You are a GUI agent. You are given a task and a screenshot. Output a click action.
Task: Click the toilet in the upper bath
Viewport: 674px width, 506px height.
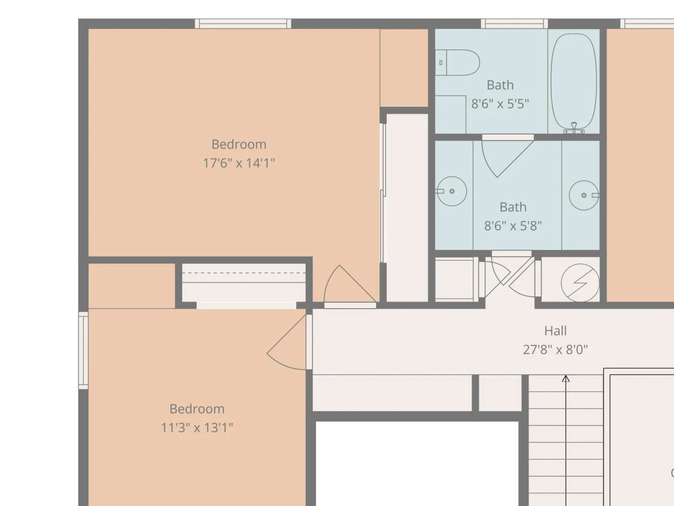[x=457, y=63]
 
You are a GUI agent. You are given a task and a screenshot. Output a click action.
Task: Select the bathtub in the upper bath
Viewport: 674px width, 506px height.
[x=574, y=81]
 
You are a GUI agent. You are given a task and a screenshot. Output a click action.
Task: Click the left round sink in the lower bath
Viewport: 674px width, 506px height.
[x=452, y=191]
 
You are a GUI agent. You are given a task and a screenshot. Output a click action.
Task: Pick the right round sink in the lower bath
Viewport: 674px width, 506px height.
[x=584, y=195]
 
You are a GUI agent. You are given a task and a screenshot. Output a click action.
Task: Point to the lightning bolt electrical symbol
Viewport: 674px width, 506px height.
[x=580, y=283]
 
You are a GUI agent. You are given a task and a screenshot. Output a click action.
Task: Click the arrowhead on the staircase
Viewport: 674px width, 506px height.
[x=566, y=379]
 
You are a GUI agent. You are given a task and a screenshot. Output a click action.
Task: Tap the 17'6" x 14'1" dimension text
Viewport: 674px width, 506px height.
[x=239, y=163]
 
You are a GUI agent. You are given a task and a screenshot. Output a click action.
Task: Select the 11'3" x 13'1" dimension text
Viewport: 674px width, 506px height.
[x=197, y=428]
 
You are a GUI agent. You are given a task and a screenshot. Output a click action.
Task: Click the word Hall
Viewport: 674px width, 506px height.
[x=556, y=331]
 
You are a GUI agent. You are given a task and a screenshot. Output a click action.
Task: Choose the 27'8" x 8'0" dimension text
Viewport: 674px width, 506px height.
[x=555, y=350]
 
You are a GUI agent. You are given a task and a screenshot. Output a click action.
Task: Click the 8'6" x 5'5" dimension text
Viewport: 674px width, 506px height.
[x=500, y=104]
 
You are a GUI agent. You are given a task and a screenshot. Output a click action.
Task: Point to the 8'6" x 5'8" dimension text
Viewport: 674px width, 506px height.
[x=513, y=226]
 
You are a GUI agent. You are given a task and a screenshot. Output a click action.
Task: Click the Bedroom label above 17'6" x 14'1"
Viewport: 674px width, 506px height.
[x=239, y=144]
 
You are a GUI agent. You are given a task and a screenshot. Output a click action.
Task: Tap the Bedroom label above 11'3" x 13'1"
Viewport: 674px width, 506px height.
[x=197, y=409]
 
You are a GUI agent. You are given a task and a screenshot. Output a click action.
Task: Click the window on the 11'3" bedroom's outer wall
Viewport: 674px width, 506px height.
[x=83, y=350]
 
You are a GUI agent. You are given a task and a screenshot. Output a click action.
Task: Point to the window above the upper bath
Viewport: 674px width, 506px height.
[x=514, y=24]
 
